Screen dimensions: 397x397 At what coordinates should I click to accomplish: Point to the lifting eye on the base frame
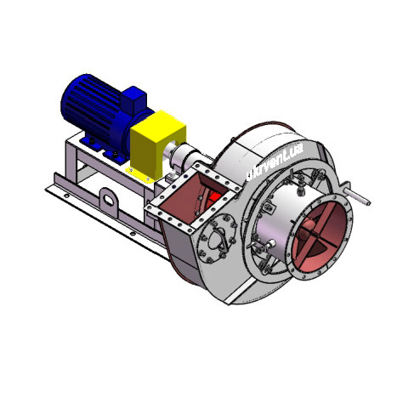[x=110, y=203]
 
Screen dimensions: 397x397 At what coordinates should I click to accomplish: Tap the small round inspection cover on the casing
[x=220, y=233]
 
